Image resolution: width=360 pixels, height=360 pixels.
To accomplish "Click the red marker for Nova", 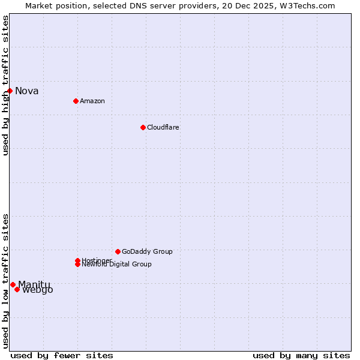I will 10,91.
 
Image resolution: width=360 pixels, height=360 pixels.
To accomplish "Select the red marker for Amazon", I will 76,101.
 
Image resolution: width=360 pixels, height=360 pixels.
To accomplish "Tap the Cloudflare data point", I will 143,127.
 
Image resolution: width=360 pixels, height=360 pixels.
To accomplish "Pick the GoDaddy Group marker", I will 118,251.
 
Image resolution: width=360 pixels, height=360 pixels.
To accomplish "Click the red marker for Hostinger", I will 77,260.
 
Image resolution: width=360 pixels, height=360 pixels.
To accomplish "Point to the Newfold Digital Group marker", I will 77,265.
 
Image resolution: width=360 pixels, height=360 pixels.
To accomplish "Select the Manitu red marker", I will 13,284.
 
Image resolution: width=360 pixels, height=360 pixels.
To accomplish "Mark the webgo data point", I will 17,290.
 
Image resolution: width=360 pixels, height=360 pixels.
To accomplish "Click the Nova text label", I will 27,91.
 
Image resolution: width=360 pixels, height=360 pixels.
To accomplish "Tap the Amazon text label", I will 92,101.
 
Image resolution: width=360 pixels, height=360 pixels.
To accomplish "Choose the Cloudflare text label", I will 163,127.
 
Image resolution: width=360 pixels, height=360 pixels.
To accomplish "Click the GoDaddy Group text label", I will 147,251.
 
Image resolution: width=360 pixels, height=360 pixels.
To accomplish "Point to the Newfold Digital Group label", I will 117,265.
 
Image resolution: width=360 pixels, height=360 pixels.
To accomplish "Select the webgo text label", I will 38,290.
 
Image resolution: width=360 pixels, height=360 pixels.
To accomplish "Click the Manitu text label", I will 34,284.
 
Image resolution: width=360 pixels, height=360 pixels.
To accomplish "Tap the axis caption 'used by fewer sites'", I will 62,355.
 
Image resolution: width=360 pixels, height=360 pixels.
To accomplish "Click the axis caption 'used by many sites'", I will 301,355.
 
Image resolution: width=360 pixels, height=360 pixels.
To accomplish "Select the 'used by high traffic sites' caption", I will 5,85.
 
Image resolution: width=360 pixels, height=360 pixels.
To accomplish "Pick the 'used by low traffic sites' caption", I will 5,281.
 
